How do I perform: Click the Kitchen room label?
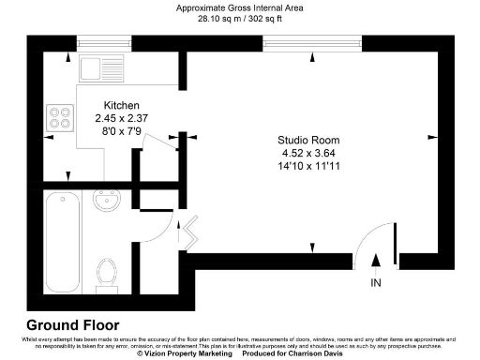click(x=120, y=105)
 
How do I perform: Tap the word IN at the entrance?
click(x=376, y=282)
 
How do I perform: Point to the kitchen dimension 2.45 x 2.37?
click(x=120, y=118)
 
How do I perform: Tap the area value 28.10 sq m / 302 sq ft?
click(x=240, y=18)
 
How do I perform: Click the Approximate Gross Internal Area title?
click(x=240, y=7)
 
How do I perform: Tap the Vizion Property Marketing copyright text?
click(x=184, y=353)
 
